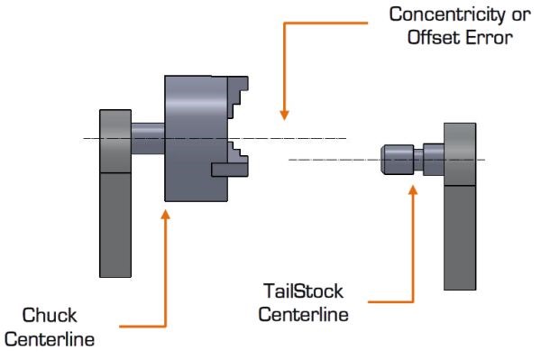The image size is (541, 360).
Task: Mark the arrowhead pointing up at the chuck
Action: pos(166,213)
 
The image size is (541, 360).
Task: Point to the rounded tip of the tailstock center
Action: pos(387,160)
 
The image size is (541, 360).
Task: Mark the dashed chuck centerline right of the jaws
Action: pos(298,138)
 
